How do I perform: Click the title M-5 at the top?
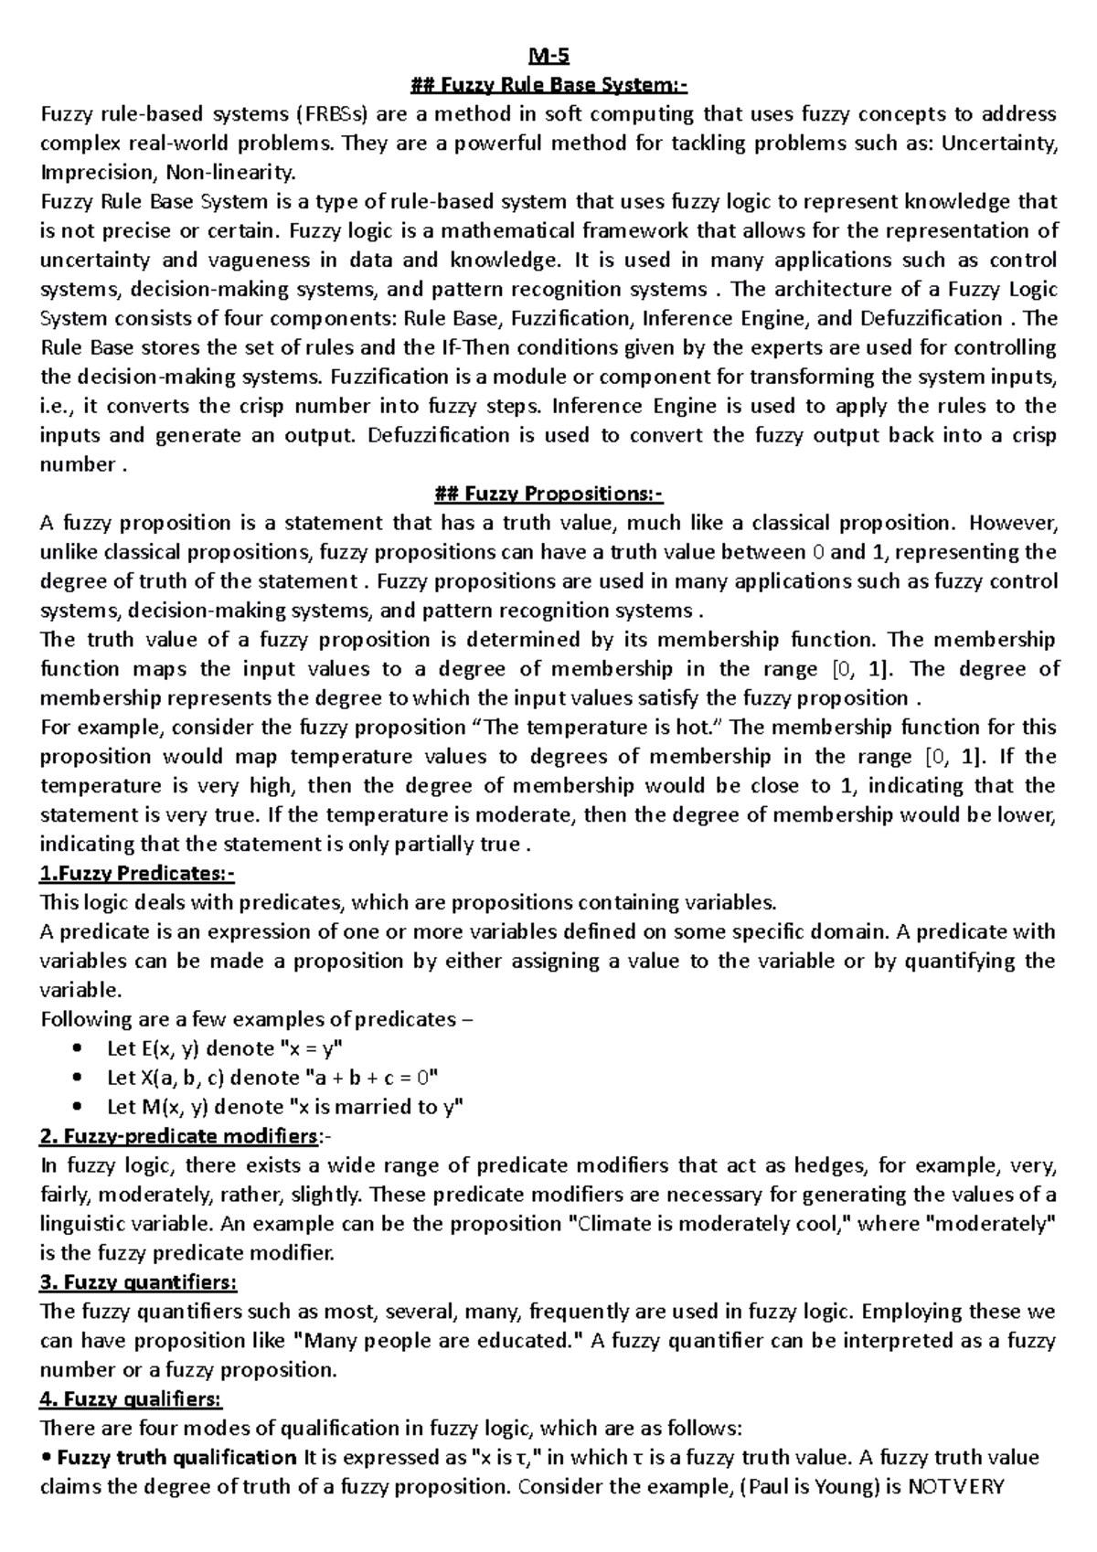click(x=548, y=57)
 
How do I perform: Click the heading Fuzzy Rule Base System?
click(x=548, y=86)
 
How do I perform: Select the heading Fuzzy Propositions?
click(x=548, y=494)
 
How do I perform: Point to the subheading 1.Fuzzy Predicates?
click(x=137, y=874)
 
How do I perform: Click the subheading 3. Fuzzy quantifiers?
click(x=138, y=1283)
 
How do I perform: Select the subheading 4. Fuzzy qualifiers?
click(x=132, y=1400)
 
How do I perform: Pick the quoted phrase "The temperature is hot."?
click(x=596, y=728)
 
